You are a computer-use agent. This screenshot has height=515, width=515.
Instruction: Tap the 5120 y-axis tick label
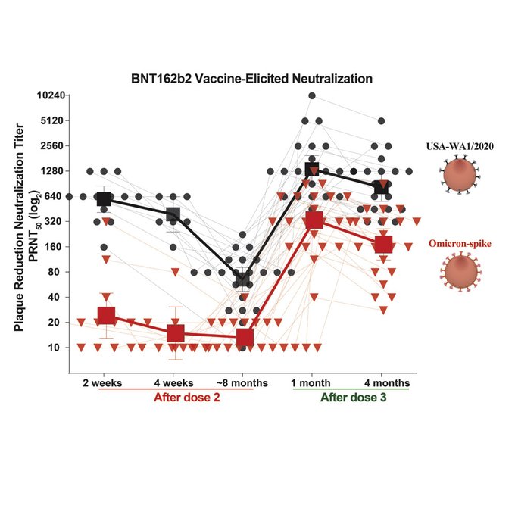click(x=51, y=120)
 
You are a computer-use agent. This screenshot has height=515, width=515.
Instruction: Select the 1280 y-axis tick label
click(x=51, y=171)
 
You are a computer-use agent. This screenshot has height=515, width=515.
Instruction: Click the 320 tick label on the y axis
click(x=54, y=221)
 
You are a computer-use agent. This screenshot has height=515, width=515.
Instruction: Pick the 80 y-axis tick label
click(x=56, y=272)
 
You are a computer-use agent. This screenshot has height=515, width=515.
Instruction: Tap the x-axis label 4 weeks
click(x=174, y=382)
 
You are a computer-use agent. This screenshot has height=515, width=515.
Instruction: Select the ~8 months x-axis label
click(x=242, y=382)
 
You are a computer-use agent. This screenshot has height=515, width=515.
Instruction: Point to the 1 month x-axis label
click(x=312, y=382)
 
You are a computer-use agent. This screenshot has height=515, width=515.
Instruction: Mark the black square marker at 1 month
click(x=312, y=171)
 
